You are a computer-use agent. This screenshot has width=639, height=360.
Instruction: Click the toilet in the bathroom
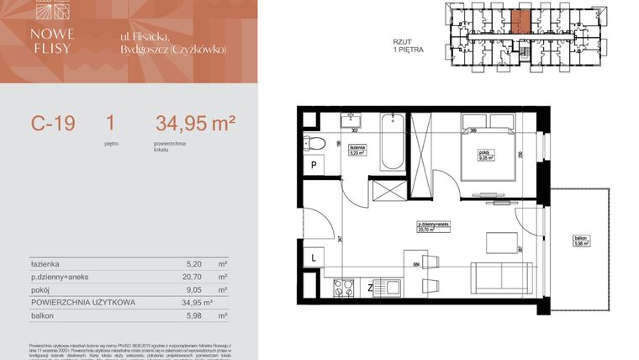coord(309,143)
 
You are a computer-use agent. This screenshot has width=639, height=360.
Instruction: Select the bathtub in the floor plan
coord(392,144)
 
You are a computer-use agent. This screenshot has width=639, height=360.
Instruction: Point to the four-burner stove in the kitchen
coord(343,288)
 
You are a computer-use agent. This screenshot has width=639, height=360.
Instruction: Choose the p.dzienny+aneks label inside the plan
coord(436,225)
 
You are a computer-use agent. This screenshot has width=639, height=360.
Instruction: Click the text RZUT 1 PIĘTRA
coord(408,45)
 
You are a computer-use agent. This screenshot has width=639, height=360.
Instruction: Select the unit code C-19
coord(54,124)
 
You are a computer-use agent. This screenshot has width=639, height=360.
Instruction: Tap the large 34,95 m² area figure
coord(195,124)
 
